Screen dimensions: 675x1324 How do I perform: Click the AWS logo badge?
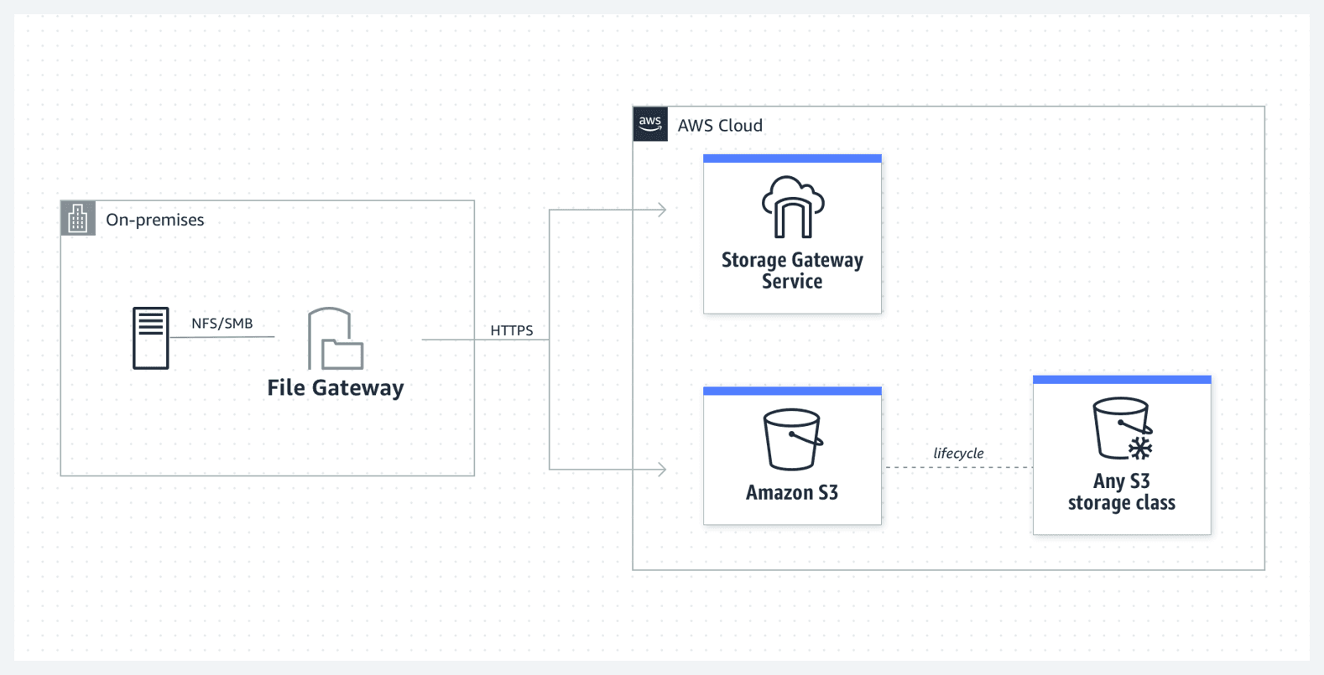pos(650,124)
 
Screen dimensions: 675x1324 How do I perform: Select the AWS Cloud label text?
pos(720,126)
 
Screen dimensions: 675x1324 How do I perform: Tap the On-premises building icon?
pos(78,219)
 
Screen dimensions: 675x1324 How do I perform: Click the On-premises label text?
pos(155,220)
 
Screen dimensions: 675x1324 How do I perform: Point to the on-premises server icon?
pos(151,338)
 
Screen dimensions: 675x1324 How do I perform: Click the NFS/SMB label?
pos(222,324)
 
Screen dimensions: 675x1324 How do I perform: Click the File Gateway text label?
pos(336,387)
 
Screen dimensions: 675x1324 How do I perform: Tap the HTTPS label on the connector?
pos(512,330)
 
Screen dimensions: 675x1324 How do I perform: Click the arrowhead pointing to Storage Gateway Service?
pos(662,210)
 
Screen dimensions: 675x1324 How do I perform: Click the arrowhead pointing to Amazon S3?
pos(662,470)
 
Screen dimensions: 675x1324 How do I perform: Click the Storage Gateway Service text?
pos(792,271)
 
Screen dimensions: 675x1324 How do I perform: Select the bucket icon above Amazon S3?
pos(793,439)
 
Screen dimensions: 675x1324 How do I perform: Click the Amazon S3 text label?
pos(792,493)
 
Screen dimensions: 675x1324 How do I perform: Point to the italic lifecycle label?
pos(958,454)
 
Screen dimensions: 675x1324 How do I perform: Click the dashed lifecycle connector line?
pos(958,468)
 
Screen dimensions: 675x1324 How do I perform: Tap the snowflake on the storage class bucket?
pos(1140,448)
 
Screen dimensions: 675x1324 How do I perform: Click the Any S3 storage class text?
pos(1122,492)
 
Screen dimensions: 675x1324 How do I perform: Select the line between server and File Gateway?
pos(222,337)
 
